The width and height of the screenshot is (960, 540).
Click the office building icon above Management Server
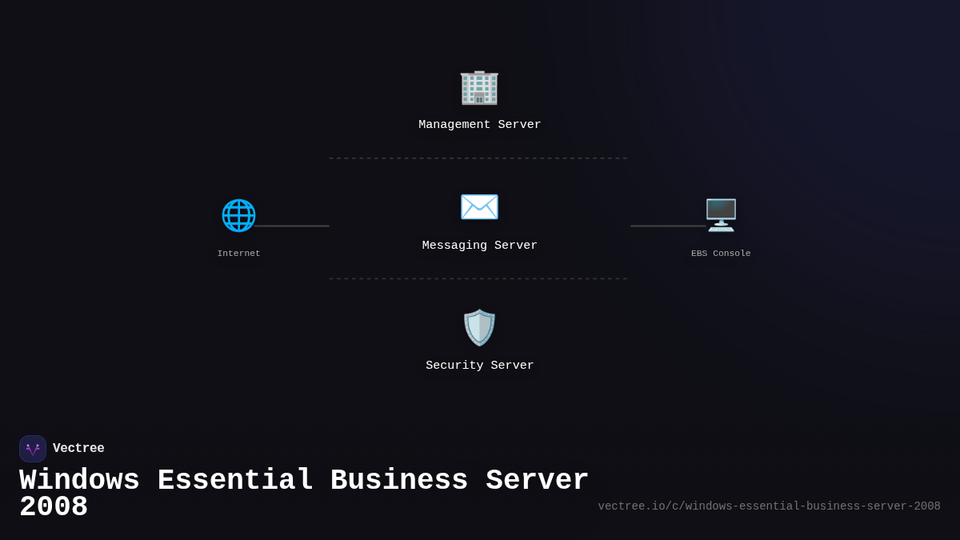coord(479,86)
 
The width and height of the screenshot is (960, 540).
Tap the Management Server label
coord(480,125)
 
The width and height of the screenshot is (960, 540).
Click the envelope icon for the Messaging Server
coord(479,207)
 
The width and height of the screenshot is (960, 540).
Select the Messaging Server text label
coord(480,246)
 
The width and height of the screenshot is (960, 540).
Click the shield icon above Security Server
coord(479,327)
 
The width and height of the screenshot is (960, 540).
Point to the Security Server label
coord(480,366)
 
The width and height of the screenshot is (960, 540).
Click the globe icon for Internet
coord(238,215)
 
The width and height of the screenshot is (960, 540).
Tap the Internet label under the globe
coord(238,254)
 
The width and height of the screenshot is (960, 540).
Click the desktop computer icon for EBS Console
coord(721,215)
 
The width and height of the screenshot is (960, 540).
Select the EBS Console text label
coord(721,254)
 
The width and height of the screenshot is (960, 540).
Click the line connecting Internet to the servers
coord(292,226)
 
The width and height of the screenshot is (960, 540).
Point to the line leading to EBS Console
coord(667,226)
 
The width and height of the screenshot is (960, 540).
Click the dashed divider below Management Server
coord(478,158)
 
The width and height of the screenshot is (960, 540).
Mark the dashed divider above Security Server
coord(478,278)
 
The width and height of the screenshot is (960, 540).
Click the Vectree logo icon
coord(33,449)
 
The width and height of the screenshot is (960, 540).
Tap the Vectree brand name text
coord(78,449)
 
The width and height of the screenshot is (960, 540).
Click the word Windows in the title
coord(79,481)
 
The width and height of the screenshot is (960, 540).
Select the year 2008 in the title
coord(54,507)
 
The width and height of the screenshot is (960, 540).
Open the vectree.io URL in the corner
coord(769,506)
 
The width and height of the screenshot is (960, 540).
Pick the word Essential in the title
coord(235,481)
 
